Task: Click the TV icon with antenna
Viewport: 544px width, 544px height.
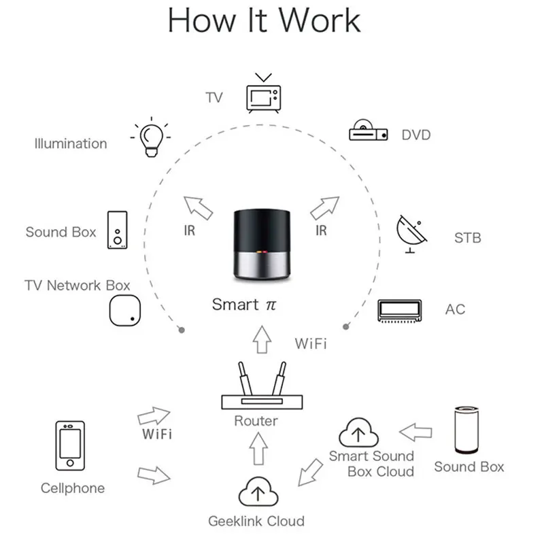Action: click(263, 95)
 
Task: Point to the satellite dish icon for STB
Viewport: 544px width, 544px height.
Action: click(412, 234)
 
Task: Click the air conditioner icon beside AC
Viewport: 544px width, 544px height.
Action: click(401, 309)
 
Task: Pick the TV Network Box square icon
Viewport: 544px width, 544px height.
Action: click(126, 311)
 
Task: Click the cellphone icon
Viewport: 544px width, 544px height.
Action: click(70, 448)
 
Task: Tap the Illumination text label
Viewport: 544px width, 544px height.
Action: click(71, 143)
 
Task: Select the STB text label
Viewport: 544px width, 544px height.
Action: click(467, 238)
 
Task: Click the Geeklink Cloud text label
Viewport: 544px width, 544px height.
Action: click(256, 522)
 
